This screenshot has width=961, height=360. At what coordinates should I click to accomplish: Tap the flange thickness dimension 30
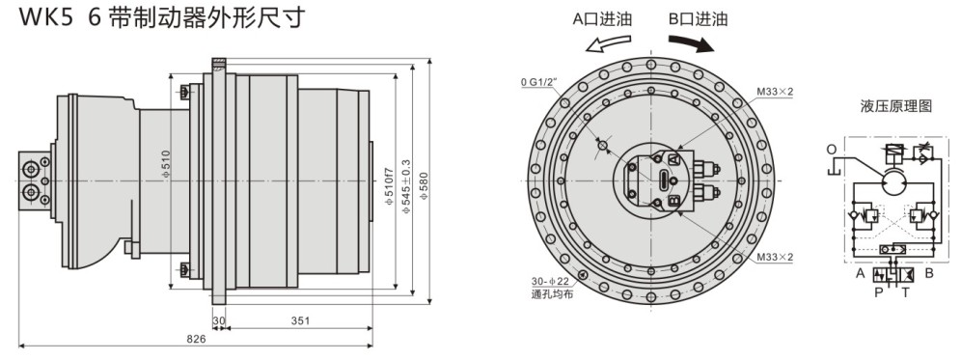pyautogui.click(x=219, y=320)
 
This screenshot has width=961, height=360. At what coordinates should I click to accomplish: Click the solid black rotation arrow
pyautogui.click(x=692, y=43)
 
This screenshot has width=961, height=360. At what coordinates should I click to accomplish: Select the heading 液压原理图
pyautogui.click(x=896, y=107)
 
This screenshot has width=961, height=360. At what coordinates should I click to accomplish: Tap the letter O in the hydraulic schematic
pyautogui.click(x=832, y=150)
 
